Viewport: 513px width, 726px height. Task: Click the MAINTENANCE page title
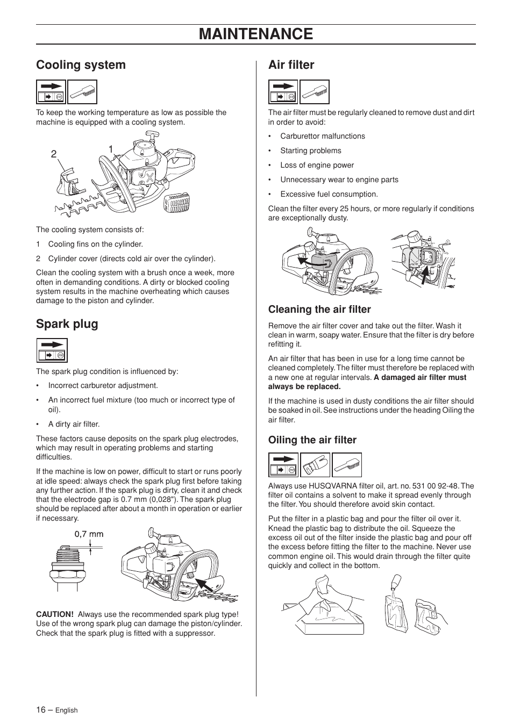coord(255,34)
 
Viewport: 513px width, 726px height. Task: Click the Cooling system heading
coord(81,65)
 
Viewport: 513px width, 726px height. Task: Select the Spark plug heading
coord(67,324)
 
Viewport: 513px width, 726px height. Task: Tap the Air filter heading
coord(291,65)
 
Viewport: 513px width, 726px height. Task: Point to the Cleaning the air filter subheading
coord(319,310)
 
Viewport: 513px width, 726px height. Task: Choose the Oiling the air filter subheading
coord(312,440)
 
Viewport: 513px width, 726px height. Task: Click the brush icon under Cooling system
coord(82,92)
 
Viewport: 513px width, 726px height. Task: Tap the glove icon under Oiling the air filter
coord(315,465)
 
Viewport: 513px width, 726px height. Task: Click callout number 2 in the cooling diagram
coord(54,154)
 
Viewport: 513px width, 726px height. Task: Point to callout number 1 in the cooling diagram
coord(111,149)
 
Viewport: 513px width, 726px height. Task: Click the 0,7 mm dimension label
coord(89,535)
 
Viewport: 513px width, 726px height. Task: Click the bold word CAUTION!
coord(55,615)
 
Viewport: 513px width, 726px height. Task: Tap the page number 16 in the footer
coord(41,710)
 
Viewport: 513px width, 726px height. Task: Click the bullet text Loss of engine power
coord(317,166)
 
